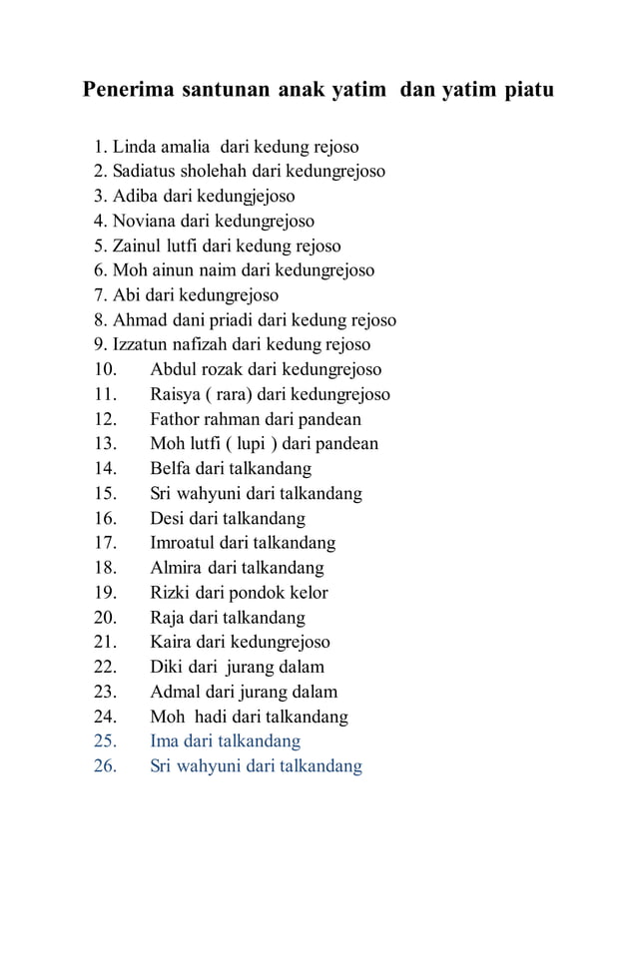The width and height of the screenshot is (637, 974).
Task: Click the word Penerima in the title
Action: pos(127,91)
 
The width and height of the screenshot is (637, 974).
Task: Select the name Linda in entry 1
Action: pos(133,147)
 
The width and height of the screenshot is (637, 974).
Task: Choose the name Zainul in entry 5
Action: pos(137,245)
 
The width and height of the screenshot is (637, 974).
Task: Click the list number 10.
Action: pos(106,369)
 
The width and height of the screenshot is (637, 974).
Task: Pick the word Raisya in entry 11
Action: pos(176,394)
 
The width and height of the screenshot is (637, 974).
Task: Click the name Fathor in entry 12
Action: pos(176,419)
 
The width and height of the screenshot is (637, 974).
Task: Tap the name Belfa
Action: pos(171,468)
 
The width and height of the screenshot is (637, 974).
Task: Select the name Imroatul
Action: pos(185,543)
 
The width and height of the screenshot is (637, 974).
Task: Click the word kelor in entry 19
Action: pos(307,592)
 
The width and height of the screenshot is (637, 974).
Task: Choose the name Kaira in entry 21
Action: pos(172,642)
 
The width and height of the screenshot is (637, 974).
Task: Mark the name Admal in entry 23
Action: pos(175,692)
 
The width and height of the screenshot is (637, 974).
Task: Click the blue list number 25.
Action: pos(106,741)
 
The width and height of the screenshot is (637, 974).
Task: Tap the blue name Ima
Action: pos(165,741)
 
